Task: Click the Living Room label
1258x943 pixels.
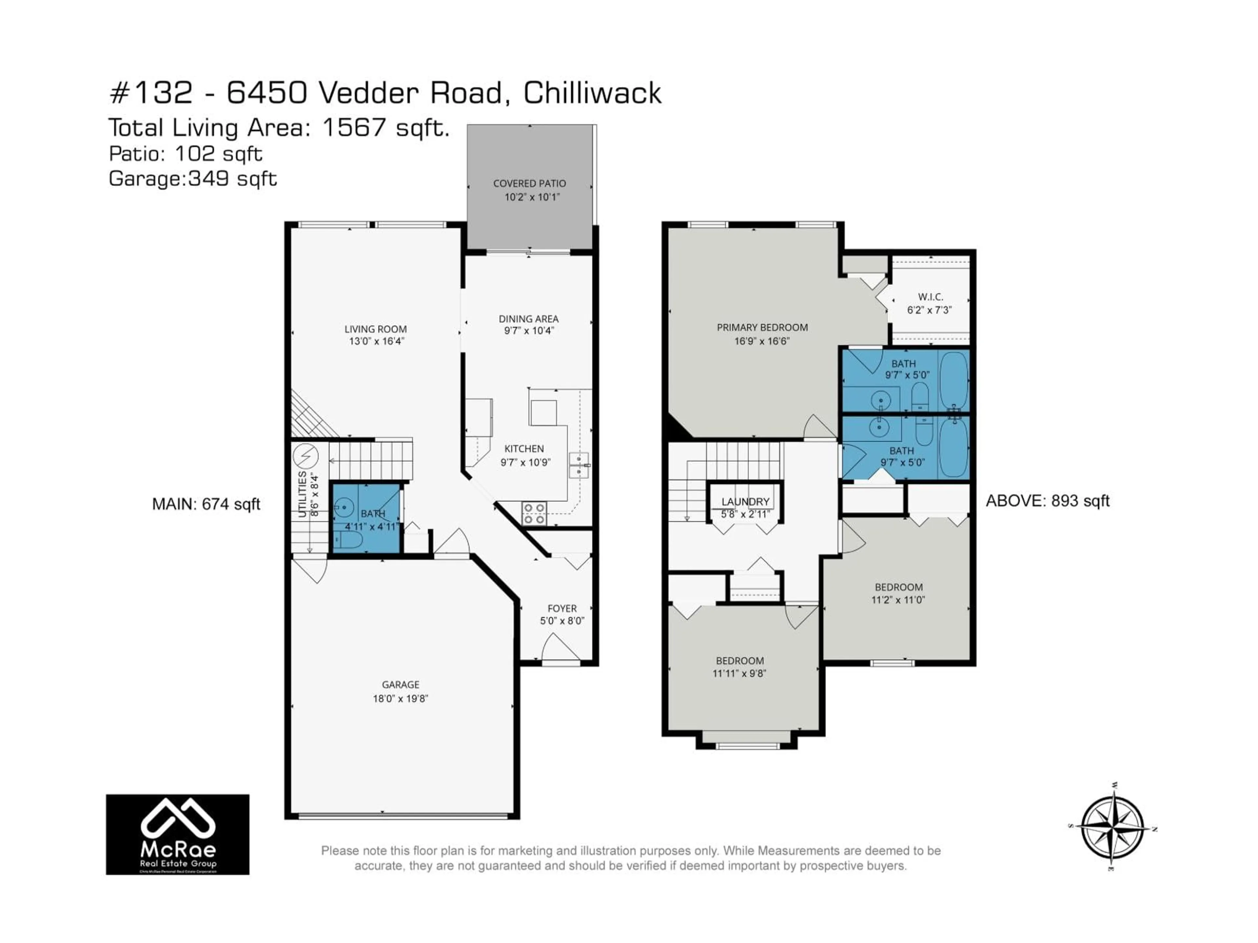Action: (x=375, y=329)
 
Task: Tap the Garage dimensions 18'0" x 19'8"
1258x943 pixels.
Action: (x=400, y=699)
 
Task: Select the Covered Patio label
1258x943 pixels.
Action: (x=529, y=184)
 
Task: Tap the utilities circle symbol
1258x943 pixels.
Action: (x=305, y=456)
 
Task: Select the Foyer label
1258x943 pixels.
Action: (x=562, y=609)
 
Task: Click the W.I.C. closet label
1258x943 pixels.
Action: (x=930, y=297)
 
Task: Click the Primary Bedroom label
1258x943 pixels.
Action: (x=762, y=327)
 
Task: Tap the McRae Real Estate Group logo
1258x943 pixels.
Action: (x=178, y=834)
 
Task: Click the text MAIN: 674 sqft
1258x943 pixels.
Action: (x=206, y=504)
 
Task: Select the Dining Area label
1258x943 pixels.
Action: (x=528, y=319)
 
